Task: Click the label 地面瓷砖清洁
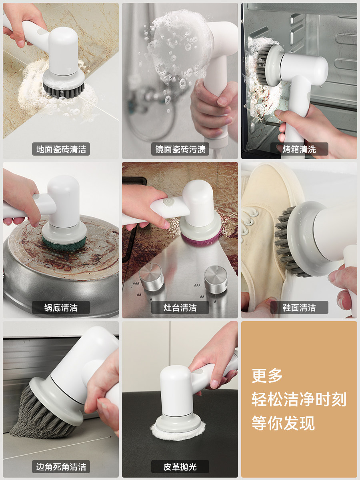point(61,149)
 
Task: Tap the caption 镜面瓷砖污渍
point(180,149)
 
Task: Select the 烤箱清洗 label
point(299,149)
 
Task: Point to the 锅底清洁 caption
point(61,308)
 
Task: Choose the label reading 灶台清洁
point(180,308)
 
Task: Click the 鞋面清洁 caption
point(299,308)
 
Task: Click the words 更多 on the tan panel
point(267,376)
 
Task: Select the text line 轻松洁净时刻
point(299,399)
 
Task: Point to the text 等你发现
point(283,423)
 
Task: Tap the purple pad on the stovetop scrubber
point(201,237)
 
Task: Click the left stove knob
point(151,277)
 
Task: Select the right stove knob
point(216,280)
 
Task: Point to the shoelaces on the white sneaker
point(249,223)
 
